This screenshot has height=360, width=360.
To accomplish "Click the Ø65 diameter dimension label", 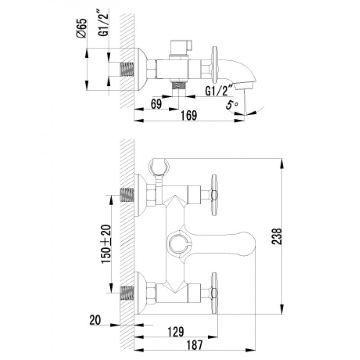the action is [82, 28].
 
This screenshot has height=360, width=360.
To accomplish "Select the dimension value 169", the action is [189, 115].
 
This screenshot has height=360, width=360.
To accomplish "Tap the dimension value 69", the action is [156, 104].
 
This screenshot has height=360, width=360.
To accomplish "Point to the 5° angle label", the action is [232, 105].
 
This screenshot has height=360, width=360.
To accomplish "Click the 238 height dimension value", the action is [277, 236].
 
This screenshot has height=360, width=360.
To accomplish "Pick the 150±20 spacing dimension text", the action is [106, 244].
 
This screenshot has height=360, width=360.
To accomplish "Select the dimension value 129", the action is [176, 332].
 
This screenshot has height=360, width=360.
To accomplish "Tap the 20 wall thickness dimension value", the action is [95, 320].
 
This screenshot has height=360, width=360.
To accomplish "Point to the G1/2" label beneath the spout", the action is [219, 90].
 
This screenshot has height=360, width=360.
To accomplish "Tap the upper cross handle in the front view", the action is [214, 195].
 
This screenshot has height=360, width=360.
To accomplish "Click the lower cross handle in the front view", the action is [214, 293].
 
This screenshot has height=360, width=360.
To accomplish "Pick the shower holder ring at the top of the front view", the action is [159, 166].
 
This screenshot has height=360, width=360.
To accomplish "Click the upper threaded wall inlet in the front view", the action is [127, 195].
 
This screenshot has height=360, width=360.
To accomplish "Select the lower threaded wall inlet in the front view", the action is [127, 293].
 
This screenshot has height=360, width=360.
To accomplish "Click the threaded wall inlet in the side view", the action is [127, 69].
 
